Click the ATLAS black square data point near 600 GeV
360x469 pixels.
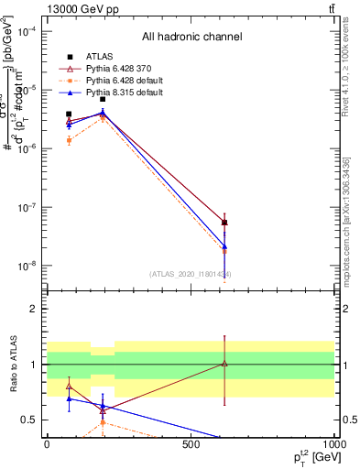(x=224, y=223)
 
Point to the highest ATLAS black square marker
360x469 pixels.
(x=103, y=99)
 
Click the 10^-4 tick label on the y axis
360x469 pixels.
(x=26, y=31)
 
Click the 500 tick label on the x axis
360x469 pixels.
(x=191, y=443)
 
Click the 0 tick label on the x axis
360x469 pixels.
(x=47, y=443)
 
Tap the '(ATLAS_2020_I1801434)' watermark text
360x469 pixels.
(x=191, y=274)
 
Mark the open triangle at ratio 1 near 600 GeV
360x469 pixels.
(x=224, y=364)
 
